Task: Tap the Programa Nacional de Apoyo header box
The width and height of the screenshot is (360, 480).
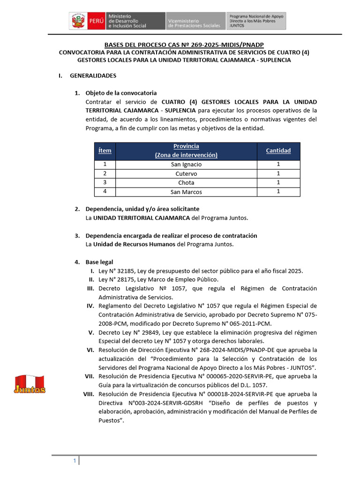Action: [256, 21]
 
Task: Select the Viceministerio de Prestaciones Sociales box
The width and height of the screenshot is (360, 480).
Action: [195, 21]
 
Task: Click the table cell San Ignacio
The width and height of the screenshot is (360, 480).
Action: [186, 165]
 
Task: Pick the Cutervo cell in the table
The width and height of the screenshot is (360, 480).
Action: [186, 173]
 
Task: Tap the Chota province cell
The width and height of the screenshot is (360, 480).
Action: [186, 182]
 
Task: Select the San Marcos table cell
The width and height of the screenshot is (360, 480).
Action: [186, 192]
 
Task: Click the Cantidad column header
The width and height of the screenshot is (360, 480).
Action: [278, 151]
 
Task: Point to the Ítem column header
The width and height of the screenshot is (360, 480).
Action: [105, 151]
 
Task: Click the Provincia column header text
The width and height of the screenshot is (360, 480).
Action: [186, 146]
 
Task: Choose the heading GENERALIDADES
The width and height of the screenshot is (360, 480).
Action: [93, 75]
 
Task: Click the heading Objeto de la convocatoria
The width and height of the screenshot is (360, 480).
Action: [121, 93]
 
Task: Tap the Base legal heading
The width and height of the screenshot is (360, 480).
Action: [99, 262]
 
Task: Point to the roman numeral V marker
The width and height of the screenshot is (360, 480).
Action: [92, 332]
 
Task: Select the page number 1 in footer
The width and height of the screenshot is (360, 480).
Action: [74, 461]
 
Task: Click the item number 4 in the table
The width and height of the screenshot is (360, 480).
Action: [105, 192]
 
